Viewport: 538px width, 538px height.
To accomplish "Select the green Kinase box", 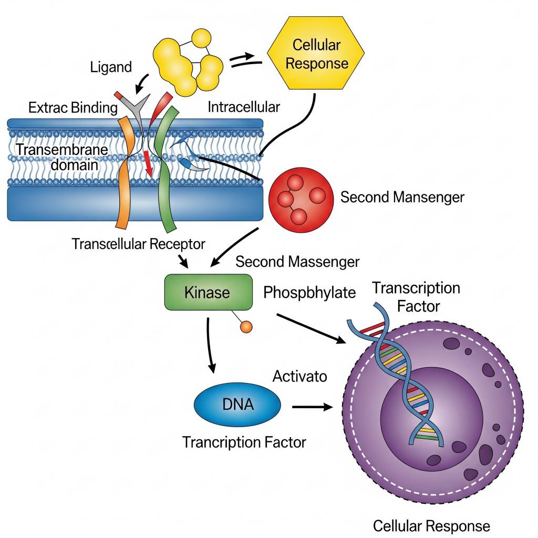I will [x=207, y=292].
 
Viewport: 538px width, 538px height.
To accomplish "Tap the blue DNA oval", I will [x=237, y=405].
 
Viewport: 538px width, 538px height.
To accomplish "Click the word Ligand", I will [x=111, y=67].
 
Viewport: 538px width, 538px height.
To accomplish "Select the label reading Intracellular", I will [x=244, y=107].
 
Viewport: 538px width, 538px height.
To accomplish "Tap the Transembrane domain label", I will [x=61, y=157].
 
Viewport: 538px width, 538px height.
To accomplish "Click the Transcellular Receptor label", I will [x=138, y=244].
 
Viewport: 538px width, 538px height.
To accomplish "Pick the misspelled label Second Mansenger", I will [x=402, y=198].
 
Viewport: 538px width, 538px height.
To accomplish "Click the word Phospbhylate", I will [x=309, y=293].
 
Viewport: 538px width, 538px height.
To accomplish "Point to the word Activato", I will [x=299, y=376].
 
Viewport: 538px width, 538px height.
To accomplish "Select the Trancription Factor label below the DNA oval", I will [x=244, y=442].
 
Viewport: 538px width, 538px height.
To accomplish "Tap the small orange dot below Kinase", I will [x=246, y=327].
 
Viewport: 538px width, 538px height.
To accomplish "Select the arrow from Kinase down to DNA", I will [x=210, y=347].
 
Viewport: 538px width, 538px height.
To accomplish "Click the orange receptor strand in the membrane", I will [x=126, y=173].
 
